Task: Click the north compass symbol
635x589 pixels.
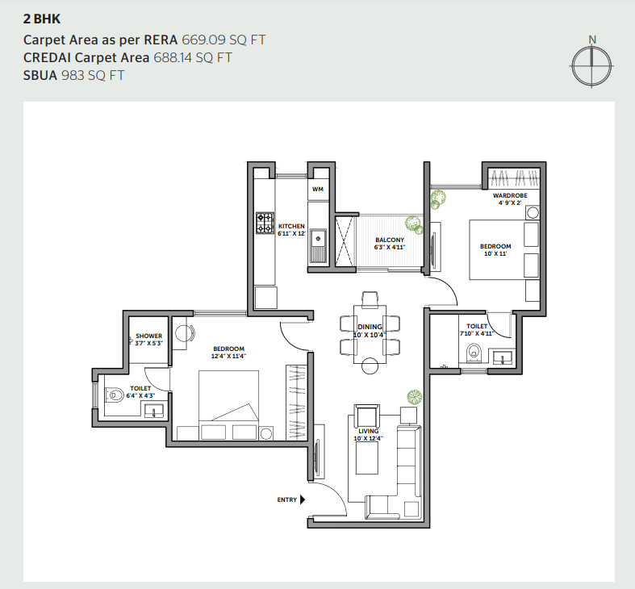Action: click(591, 65)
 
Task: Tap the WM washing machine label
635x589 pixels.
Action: click(318, 189)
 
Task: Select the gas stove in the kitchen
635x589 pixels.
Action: click(265, 223)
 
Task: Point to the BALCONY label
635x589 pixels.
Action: click(390, 240)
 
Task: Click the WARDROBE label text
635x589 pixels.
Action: click(510, 195)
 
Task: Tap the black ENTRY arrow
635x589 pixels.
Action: click(303, 499)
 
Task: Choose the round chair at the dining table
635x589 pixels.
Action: click(370, 366)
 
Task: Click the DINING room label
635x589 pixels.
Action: click(370, 327)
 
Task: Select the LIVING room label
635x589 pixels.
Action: click(369, 431)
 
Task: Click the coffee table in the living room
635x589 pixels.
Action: click(367, 458)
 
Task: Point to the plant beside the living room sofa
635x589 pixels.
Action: click(414, 397)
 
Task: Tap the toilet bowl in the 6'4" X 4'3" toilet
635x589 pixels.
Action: click(115, 395)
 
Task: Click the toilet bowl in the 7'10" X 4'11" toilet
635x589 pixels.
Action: click(473, 352)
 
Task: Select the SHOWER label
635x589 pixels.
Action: click(148, 336)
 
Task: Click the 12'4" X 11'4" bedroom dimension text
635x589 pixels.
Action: click(228, 356)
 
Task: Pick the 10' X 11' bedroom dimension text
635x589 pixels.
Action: click(495, 253)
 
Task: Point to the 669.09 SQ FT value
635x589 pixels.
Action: click(224, 40)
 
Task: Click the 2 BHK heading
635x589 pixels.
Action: click(42, 19)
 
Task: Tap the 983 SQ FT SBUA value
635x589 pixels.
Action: click(93, 75)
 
